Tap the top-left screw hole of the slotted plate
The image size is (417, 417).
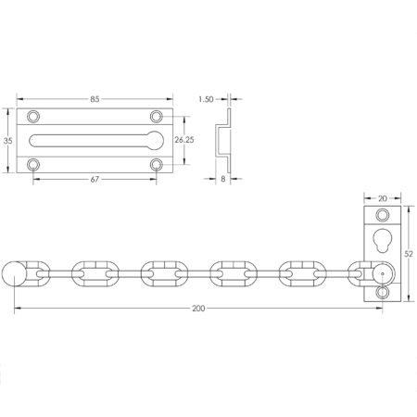[34, 117]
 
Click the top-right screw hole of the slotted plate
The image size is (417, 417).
[156, 117]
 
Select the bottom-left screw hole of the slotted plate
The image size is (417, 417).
[34, 164]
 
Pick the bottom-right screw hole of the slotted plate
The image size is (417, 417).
[156, 164]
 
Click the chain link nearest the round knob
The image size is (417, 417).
[40, 274]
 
